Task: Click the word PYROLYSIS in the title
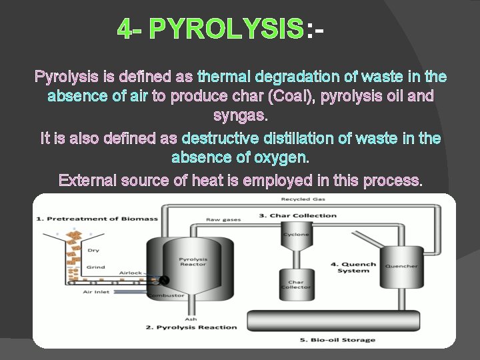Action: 227,29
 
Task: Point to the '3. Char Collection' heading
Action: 297,215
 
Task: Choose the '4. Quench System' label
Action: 353,267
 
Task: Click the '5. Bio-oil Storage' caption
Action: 337,340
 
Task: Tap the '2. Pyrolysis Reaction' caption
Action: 191,327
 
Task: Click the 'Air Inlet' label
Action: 96,291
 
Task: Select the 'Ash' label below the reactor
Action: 191,319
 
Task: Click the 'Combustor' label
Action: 165,295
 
